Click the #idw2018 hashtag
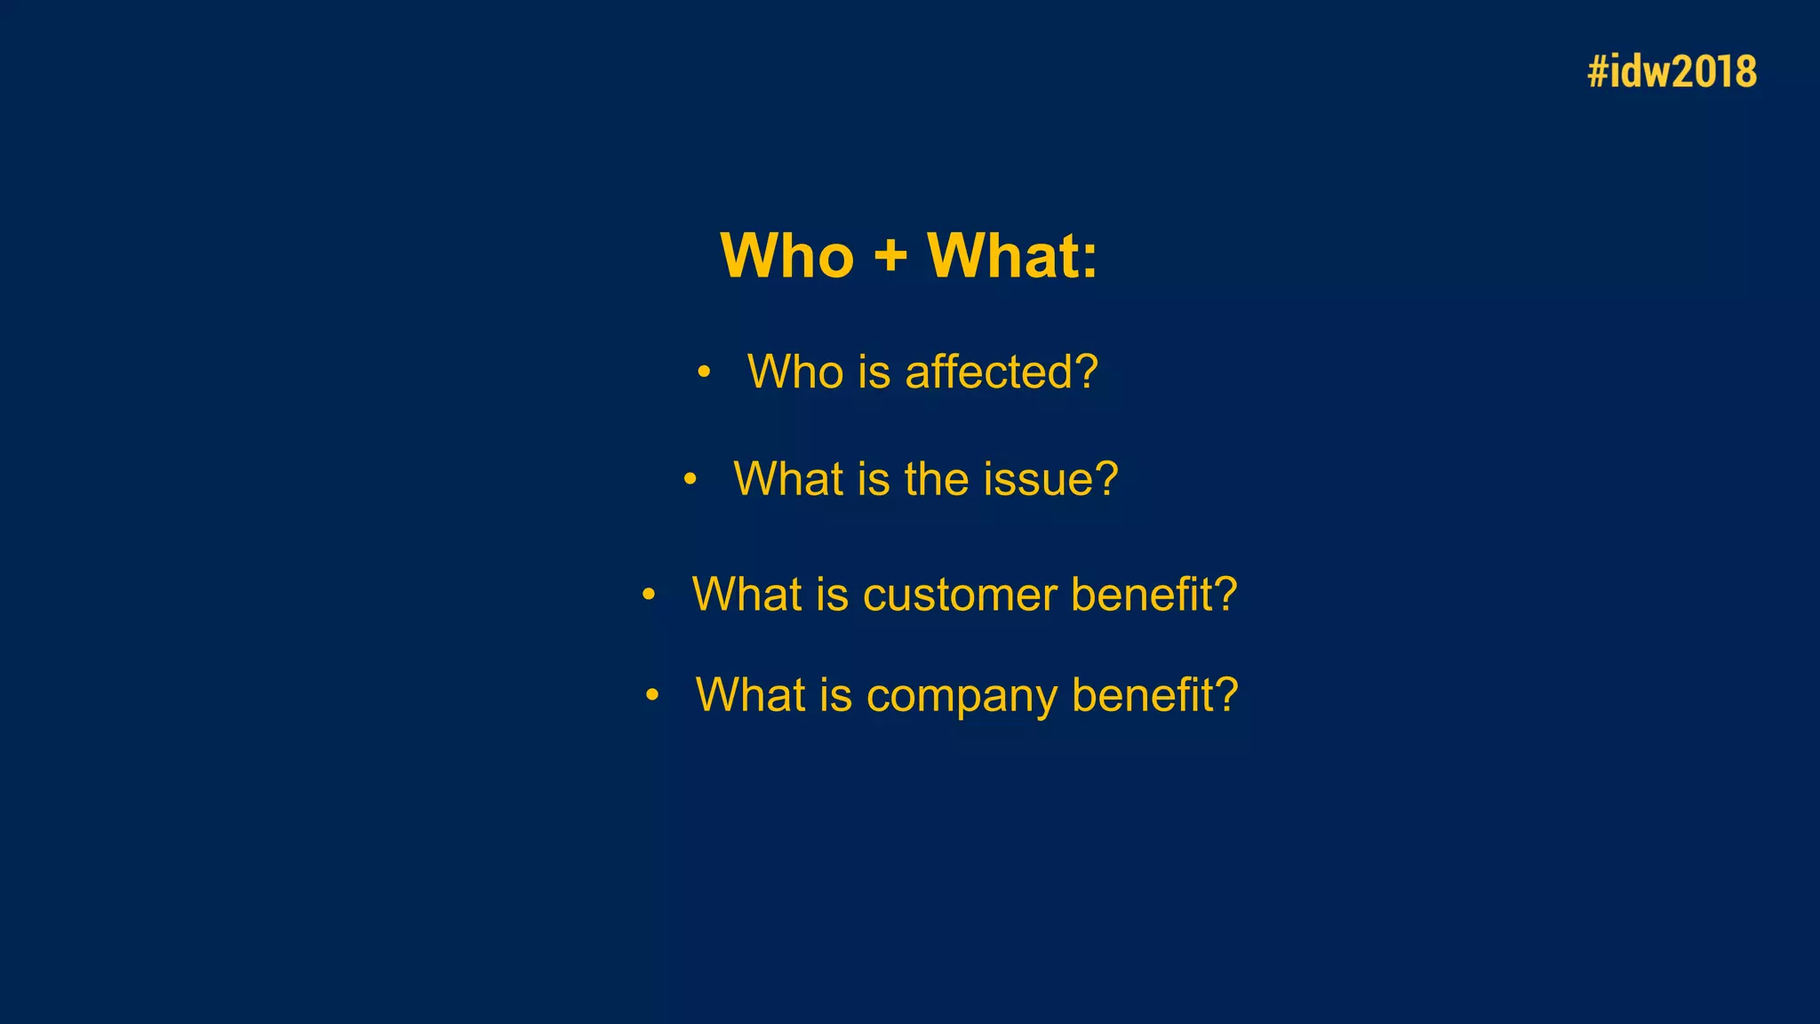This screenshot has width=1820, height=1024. tap(1672, 72)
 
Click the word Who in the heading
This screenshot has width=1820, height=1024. tap(786, 256)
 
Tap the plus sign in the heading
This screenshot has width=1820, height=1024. tap(890, 256)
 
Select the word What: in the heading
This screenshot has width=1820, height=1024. tap(1012, 256)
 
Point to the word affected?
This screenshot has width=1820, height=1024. tap(1002, 372)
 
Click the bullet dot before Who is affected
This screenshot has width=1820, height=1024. tap(704, 372)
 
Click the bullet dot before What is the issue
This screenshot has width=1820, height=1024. tap(690, 480)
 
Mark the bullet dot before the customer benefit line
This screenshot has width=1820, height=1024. tap(649, 594)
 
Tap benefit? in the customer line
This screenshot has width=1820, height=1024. tap(1154, 594)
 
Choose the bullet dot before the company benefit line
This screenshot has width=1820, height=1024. tap(652, 694)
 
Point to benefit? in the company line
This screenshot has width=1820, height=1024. tap(1155, 694)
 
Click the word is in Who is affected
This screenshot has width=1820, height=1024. tap(874, 372)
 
